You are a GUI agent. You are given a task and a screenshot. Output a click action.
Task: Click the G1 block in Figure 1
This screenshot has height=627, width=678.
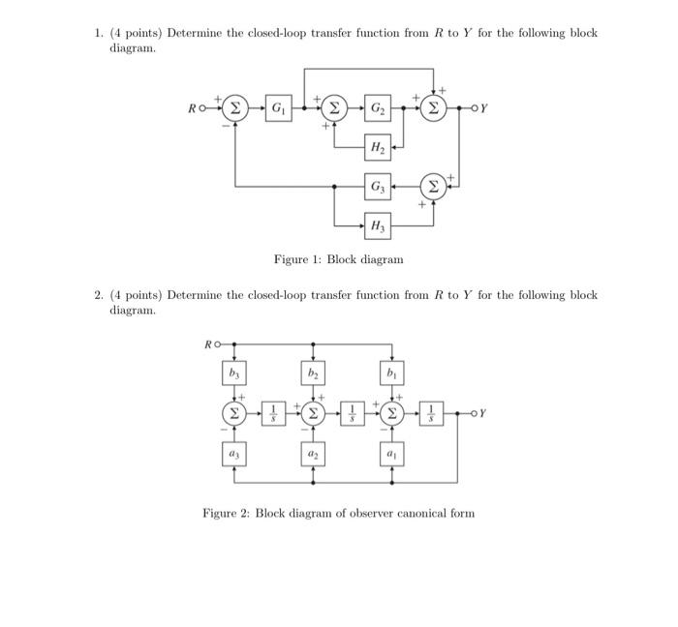click(x=277, y=107)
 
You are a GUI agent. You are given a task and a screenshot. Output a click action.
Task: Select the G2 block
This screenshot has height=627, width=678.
click(x=377, y=107)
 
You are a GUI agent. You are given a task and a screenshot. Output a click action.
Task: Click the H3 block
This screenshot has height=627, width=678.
click(x=377, y=226)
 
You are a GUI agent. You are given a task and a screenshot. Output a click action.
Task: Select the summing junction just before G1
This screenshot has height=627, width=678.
click(x=235, y=107)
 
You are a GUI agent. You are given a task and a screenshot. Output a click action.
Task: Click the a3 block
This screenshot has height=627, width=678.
click(x=233, y=452)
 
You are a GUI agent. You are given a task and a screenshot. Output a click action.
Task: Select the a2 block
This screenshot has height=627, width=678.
click(x=313, y=452)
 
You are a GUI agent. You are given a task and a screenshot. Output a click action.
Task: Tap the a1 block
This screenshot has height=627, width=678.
click(x=392, y=452)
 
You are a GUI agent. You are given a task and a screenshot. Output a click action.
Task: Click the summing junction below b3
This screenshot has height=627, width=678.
click(x=233, y=412)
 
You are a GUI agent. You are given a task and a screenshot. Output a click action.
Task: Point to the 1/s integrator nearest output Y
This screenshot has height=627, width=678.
click(x=432, y=412)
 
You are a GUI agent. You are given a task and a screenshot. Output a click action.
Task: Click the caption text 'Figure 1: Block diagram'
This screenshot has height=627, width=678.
click(x=338, y=259)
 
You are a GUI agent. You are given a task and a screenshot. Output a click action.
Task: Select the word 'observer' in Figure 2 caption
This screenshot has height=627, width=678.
click(x=372, y=513)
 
